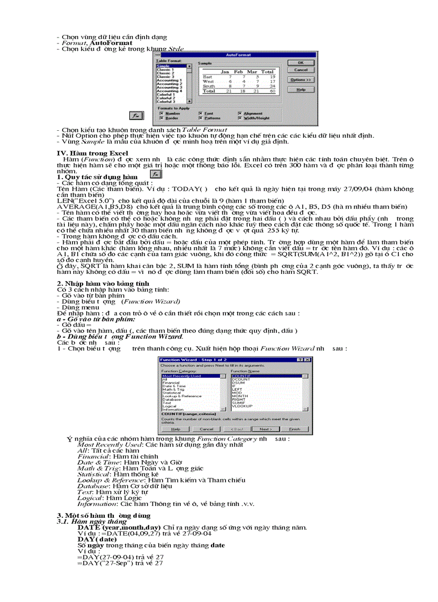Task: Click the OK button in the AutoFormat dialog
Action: pyautogui.click(x=301, y=63)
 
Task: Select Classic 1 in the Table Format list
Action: pyautogui.click(x=165, y=70)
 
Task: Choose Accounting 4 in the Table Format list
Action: pyautogui.click(x=169, y=91)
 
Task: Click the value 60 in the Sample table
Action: pyautogui.click(x=272, y=91)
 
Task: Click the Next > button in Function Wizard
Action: pyautogui.click(x=265, y=429)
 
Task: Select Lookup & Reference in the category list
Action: pyautogui.click(x=182, y=396)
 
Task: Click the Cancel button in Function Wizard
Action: pyautogui.click(x=206, y=429)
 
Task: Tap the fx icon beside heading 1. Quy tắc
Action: pyautogui.click(x=155, y=175)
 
